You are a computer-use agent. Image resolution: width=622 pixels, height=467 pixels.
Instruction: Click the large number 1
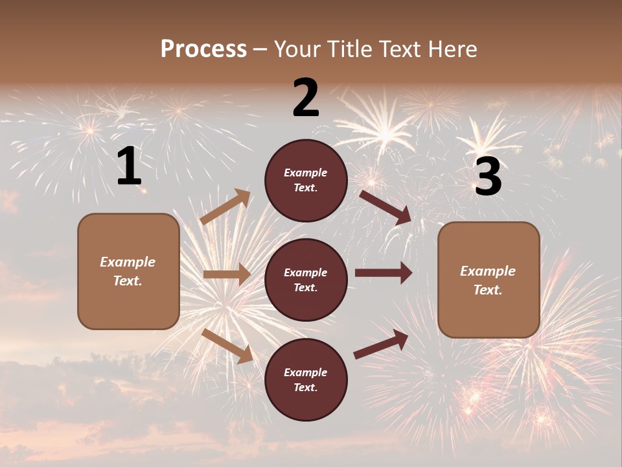tap(129, 167)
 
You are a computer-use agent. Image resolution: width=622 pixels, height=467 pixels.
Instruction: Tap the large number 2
tap(306, 98)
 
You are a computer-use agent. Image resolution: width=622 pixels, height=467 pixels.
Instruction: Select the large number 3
tap(488, 177)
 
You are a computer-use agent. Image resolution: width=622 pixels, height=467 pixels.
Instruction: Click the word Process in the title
tap(203, 49)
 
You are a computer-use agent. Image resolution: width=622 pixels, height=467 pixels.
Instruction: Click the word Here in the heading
tap(451, 49)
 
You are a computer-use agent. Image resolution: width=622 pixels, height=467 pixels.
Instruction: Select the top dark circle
tap(306, 180)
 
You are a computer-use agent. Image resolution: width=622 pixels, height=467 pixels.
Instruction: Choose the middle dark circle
tap(306, 280)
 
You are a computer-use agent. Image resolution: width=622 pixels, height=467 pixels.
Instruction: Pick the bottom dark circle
tap(306, 379)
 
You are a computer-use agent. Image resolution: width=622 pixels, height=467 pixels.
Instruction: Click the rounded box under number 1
tap(128, 271)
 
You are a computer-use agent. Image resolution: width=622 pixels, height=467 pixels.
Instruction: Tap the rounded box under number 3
tap(489, 280)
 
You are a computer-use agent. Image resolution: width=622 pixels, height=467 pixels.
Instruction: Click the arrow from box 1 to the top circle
tap(225, 207)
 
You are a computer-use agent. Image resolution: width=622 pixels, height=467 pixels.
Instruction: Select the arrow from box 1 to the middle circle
tap(227, 274)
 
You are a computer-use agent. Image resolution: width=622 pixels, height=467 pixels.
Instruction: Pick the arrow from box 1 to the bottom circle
tap(227, 346)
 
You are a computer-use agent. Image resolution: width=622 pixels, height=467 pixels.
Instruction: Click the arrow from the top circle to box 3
tap(385, 207)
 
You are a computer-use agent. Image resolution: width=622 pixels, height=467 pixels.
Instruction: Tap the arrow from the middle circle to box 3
tap(384, 273)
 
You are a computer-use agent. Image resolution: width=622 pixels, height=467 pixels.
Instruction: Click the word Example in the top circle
tap(305, 173)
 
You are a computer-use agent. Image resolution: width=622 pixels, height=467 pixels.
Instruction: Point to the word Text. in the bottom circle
tap(305, 387)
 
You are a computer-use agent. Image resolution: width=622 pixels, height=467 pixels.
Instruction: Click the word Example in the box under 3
tap(488, 271)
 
